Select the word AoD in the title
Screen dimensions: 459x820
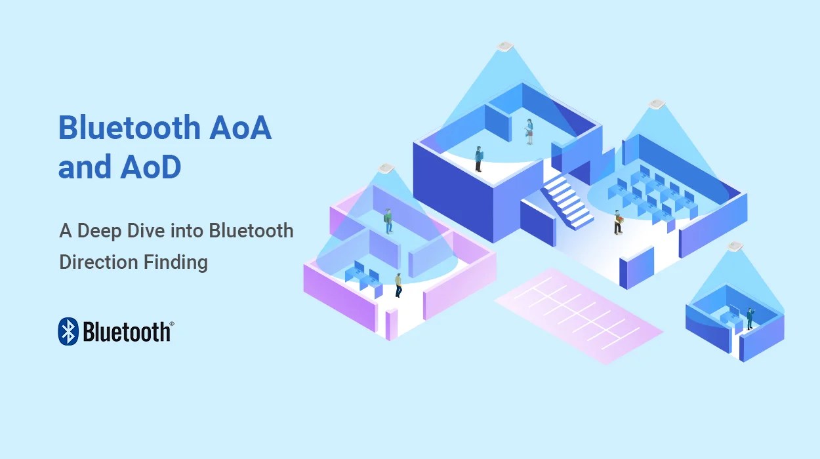[x=150, y=168]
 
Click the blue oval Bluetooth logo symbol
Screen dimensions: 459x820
[x=68, y=332]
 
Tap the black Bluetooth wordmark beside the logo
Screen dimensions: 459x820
[x=126, y=332]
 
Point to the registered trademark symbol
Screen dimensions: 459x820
[x=172, y=324]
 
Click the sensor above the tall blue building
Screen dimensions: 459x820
[x=504, y=46]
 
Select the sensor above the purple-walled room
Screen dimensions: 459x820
[x=384, y=168]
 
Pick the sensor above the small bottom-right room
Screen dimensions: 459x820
[x=735, y=247]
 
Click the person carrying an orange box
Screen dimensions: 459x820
[x=617, y=222]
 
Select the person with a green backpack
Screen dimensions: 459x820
[x=388, y=220]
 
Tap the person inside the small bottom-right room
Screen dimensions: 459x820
[x=749, y=318]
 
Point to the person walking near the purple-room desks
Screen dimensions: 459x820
[x=398, y=285]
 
